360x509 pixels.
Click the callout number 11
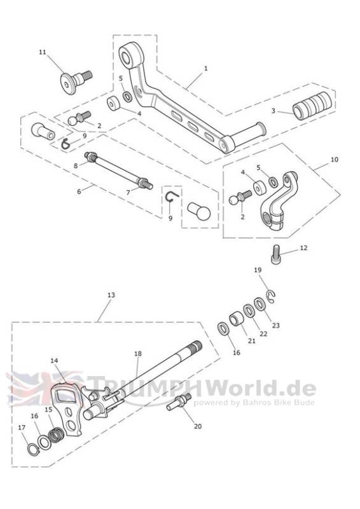tap(43, 52)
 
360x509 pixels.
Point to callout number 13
tap(111, 295)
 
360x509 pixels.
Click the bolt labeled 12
tap(276, 255)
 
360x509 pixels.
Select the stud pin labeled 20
tap(179, 401)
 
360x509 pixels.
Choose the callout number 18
tap(138, 354)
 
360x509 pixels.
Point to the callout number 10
tap(334, 160)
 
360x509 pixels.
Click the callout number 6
tap(79, 192)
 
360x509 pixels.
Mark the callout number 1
tap(205, 69)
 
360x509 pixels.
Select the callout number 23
tap(275, 325)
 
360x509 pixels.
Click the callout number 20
tap(198, 426)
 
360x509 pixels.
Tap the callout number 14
tap(54, 361)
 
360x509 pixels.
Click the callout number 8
tap(76, 166)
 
